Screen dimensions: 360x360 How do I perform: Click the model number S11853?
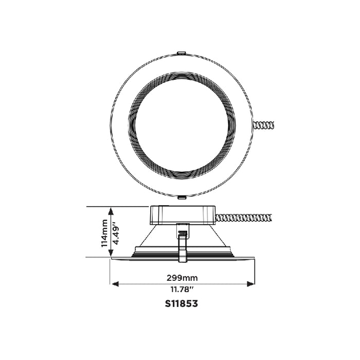tap(181, 303)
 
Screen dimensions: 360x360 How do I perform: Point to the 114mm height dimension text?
tap(104, 232)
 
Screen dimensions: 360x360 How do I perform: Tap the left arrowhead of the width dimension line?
tap(114, 283)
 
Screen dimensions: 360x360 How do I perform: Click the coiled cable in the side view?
tap(245, 218)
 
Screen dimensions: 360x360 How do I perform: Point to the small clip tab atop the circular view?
tap(181, 52)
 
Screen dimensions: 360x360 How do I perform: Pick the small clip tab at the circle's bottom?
tap(182, 196)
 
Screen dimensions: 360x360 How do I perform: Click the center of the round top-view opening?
tap(182, 124)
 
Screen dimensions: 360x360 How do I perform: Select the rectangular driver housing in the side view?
tap(182, 214)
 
